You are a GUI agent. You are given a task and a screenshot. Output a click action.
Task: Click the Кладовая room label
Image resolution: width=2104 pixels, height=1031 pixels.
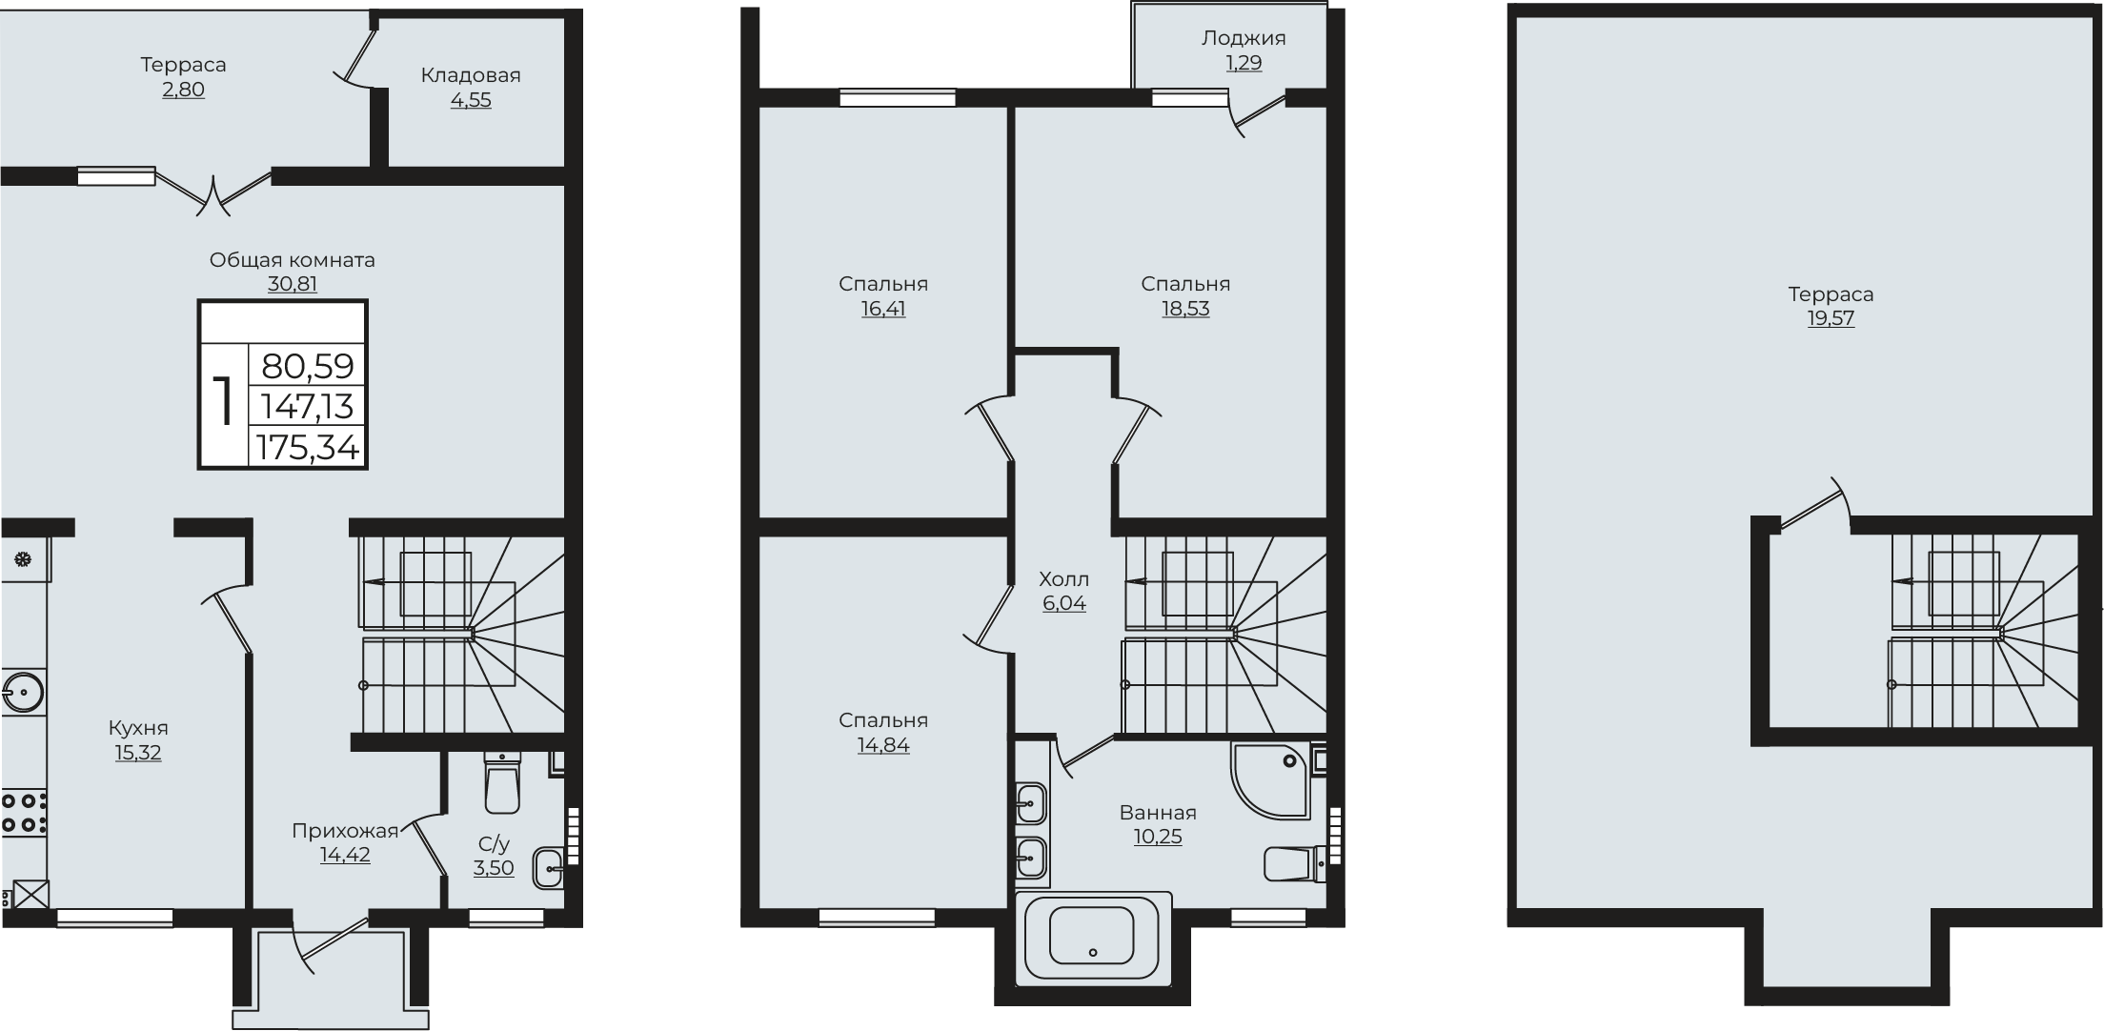(x=471, y=75)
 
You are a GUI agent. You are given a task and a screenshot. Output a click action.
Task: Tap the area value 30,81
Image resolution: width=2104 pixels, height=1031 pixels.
(x=293, y=284)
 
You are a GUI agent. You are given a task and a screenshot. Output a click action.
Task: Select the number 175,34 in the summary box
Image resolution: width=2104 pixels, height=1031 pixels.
(x=307, y=447)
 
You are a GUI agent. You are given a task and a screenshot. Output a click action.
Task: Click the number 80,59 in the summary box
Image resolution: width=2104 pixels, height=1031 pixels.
(x=307, y=366)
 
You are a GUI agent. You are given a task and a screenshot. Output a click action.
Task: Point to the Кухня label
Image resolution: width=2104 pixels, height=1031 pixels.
(x=138, y=728)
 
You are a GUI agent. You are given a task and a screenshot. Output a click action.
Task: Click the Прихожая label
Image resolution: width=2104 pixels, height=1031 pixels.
(x=345, y=831)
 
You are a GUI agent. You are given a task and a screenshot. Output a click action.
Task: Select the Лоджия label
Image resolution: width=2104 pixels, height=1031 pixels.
(x=1244, y=38)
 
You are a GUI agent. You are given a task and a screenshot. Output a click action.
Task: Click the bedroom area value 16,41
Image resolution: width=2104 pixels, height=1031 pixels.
(x=883, y=309)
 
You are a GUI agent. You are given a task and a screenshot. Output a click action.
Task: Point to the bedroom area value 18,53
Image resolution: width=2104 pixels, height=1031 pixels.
(x=1185, y=309)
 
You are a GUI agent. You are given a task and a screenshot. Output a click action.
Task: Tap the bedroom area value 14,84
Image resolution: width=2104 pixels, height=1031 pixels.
(x=883, y=745)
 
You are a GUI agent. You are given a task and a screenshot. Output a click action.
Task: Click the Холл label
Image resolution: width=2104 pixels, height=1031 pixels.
(x=1063, y=579)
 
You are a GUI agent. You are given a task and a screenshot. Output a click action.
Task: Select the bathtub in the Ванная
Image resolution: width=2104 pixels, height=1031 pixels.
(x=1093, y=938)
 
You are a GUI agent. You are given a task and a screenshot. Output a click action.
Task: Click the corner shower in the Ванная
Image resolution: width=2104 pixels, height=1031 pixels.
(x=1270, y=780)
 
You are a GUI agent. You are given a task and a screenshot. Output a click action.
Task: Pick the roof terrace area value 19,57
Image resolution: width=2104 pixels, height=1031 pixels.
(x=1831, y=318)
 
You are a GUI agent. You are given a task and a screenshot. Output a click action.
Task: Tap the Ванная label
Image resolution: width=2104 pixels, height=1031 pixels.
(x=1158, y=813)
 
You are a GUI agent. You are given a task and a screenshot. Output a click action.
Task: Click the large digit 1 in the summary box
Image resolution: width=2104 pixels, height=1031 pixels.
(x=224, y=400)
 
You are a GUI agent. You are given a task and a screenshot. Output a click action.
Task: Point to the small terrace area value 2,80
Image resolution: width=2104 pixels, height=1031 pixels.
(x=183, y=90)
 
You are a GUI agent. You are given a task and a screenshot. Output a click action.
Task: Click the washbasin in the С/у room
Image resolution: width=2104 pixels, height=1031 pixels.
(x=550, y=867)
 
